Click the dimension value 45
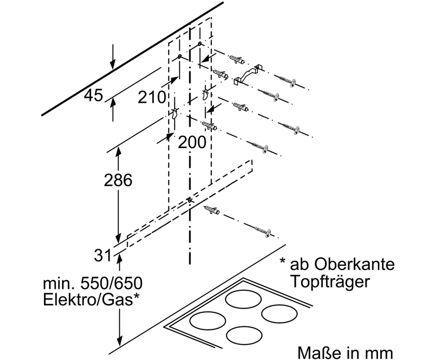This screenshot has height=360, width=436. coord(93,95)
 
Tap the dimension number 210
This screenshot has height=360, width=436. coord(152,97)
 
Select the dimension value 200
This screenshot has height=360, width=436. coord(192,142)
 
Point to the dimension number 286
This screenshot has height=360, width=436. coord(118,180)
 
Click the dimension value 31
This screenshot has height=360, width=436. coord(102,256)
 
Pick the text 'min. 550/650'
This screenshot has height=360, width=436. coord(93,283)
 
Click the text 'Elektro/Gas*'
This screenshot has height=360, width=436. coord(91,299)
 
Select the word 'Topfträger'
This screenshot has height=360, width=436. coord(330,282)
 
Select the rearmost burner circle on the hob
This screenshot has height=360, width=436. coord(243,299)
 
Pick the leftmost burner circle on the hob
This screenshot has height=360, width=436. coord(208,321)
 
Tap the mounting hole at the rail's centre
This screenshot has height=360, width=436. coord(190,200)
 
